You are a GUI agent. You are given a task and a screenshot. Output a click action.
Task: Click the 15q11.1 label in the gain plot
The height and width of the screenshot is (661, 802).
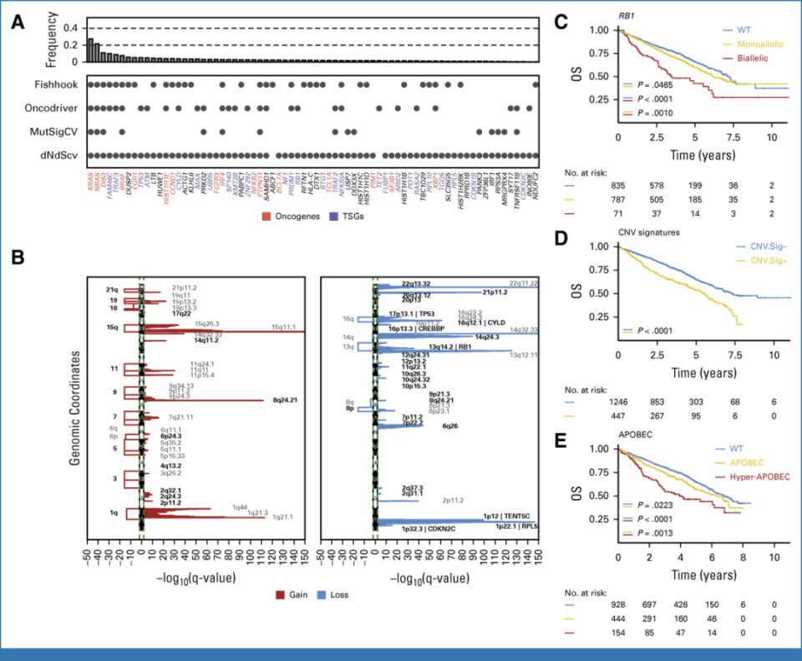(286, 328)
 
